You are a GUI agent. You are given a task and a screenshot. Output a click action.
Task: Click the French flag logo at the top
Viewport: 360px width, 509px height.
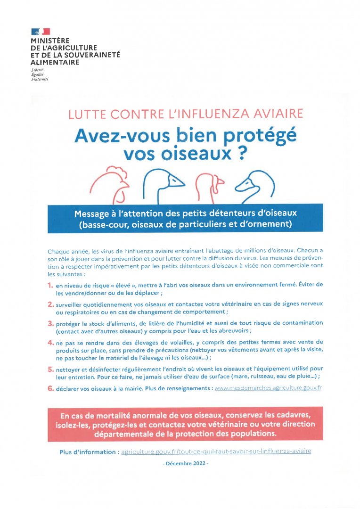coord(41,32)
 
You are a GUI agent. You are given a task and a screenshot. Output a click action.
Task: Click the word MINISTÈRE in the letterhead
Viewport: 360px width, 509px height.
coord(50,41)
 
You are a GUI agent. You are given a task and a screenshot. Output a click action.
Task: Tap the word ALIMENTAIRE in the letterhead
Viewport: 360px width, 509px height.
coord(55,62)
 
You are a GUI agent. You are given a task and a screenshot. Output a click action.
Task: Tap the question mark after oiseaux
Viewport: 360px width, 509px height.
coord(243,155)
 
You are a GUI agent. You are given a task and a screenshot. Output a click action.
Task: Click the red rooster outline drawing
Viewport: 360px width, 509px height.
coord(109,184)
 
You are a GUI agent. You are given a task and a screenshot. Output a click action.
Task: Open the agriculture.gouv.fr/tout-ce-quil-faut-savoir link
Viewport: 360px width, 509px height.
coord(216,452)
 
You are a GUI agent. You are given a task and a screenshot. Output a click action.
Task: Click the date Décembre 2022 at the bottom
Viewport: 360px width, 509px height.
coord(185,464)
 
